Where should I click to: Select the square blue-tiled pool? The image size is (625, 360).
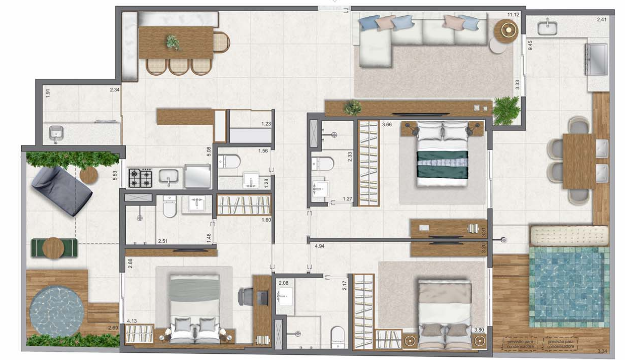(566, 285)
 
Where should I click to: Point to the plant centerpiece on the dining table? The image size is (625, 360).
(172, 42)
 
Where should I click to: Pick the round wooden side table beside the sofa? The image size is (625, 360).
(507, 30)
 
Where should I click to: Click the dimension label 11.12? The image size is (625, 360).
(515, 14)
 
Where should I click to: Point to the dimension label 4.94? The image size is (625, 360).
(318, 245)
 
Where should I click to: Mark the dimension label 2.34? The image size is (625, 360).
(116, 92)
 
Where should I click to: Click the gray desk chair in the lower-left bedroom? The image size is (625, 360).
(245, 297)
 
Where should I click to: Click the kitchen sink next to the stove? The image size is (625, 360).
(170, 178)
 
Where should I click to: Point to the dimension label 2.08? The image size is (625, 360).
(283, 284)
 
